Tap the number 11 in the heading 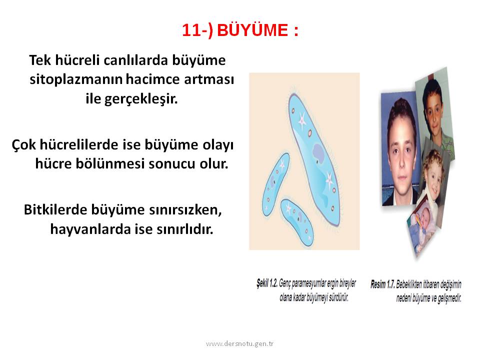point(191,30)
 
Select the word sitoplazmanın point(76,79)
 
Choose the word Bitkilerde point(55,209)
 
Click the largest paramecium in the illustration point(314,159)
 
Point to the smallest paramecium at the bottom point(297,222)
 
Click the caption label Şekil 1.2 point(267,283)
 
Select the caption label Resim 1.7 point(382,284)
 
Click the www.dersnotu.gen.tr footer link point(239,344)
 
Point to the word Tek point(40,60)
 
